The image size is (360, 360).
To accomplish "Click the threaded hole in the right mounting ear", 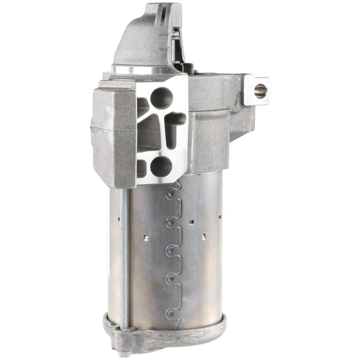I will (x=260, y=91).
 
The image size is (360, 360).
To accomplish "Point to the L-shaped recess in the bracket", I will (x=174, y=127).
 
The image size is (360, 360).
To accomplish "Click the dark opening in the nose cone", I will (x=175, y=48).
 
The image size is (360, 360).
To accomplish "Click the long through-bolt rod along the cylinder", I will (x=124, y=252).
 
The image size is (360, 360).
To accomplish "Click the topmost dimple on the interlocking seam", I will (x=173, y=191).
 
